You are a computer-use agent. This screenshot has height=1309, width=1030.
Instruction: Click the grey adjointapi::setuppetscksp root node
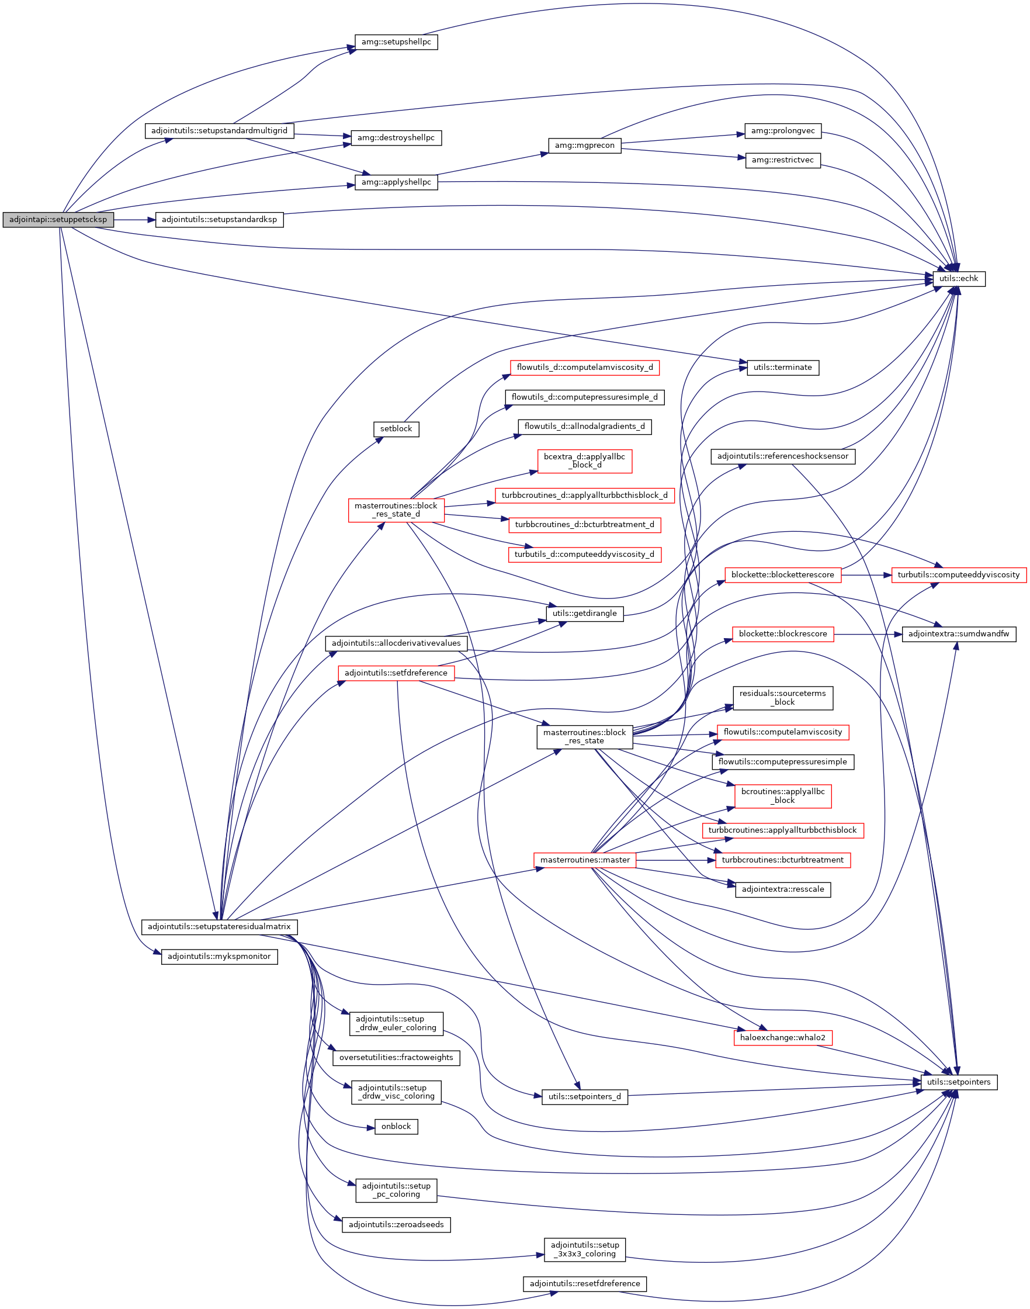58,220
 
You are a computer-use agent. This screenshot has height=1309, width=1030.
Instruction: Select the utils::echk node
958,279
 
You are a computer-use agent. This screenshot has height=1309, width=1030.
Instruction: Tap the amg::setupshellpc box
396,42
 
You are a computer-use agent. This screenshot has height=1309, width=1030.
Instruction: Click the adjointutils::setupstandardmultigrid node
220,131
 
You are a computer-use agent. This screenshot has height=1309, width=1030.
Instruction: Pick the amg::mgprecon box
584,146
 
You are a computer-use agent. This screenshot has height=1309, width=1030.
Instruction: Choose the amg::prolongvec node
783,131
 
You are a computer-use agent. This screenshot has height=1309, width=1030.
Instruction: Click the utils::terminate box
783,368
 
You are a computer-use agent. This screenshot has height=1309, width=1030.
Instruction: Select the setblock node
396,429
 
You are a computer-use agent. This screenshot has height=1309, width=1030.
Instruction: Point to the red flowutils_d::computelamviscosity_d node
584,368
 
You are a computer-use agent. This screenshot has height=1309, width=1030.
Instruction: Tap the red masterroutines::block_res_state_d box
396,510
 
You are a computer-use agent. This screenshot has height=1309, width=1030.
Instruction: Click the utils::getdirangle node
584,614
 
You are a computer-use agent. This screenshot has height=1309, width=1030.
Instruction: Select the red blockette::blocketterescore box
783,575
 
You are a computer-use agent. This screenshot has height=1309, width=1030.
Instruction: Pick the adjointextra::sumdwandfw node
958,634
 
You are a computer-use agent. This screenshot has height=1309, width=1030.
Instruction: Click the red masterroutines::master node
584,860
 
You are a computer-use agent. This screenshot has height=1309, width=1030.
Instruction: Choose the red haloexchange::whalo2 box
783,1037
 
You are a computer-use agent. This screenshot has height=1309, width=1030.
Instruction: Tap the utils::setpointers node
958,1082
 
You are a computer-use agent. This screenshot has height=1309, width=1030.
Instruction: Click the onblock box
396,1126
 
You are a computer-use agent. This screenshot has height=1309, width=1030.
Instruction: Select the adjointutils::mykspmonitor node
220,956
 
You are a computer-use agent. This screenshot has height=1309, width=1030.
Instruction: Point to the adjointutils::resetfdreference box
584,1284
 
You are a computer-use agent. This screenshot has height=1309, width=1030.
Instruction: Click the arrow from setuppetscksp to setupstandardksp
134,220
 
